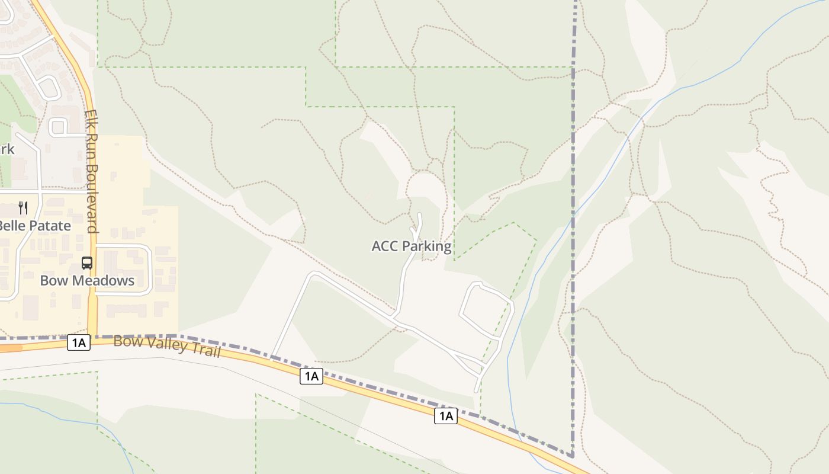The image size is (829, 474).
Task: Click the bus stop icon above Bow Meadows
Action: pyautogui.click(x=87, y=263)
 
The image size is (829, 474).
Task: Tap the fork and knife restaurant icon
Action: pyautogui.click(x=23, y=207)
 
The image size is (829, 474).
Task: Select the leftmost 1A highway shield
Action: pyautogui.click(x=79, y=342)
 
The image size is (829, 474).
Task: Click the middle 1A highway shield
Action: pyautogui.click(x=311, y=376)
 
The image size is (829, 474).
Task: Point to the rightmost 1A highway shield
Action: pyautogui.click(x=446, y=416)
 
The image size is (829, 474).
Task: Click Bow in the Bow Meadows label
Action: pyautogui.click(x=52, y=280)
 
